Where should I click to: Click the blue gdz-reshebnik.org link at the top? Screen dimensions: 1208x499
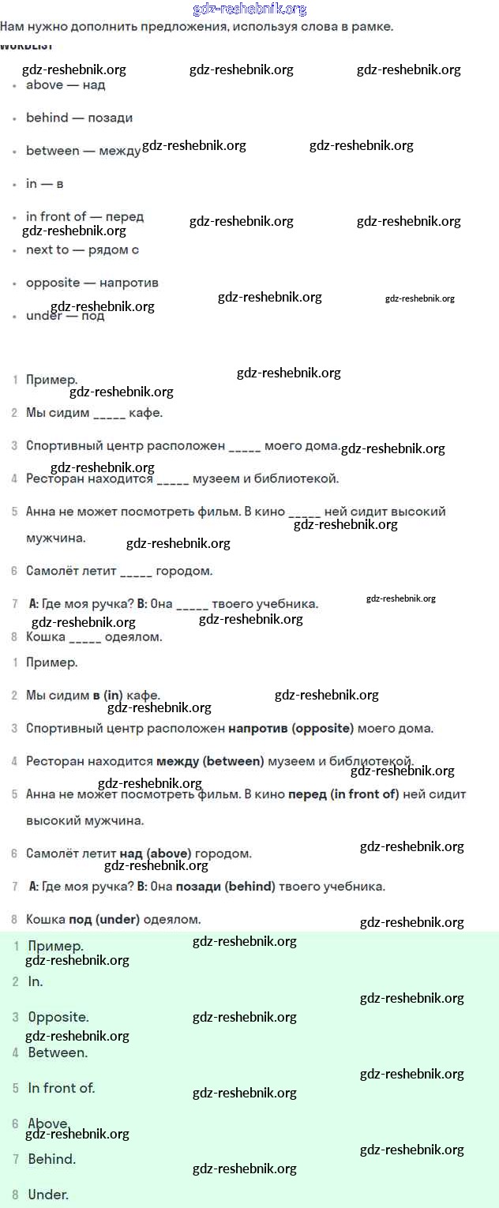click(249, 9)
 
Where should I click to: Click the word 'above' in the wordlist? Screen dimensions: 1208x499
click(44, 85)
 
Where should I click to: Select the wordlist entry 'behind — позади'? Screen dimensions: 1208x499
click(79, 118)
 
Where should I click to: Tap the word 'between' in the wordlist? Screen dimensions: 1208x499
click(53, 151)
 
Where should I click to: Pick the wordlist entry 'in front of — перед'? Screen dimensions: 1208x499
click(84, 216)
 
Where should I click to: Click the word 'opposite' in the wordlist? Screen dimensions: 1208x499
click(53, 283)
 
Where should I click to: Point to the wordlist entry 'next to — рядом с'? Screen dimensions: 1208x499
click(82, 249)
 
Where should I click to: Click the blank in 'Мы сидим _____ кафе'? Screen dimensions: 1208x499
click(109, 414)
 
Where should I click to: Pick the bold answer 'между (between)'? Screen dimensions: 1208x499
click(210, 762)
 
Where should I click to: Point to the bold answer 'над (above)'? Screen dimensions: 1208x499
click(156, 853)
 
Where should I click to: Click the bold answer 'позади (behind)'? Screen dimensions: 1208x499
click(225, 887)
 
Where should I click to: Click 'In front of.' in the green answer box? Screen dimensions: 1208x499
click(62, 1088)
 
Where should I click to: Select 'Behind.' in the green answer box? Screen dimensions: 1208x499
click(52, 1159)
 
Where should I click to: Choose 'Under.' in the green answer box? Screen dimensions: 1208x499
click(48, 1195)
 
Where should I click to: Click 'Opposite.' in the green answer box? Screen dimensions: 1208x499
click(58, 1017)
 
